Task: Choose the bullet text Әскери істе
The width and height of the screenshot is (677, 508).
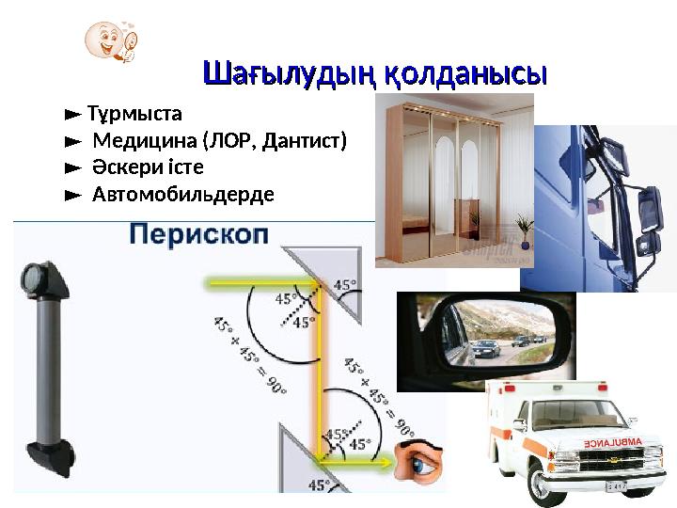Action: pos(148,168)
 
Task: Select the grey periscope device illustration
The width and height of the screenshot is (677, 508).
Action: pos(45,367)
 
